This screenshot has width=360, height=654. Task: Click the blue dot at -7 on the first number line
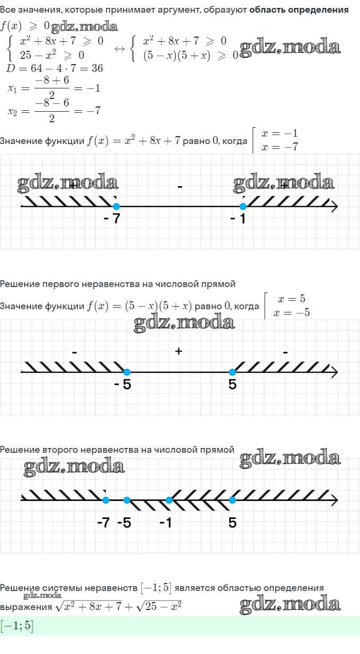coord(116,207)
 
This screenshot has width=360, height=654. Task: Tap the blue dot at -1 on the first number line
coord(242,207)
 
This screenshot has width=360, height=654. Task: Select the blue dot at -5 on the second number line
coord(127,372)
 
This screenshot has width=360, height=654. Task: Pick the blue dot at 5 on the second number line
coord(232,372)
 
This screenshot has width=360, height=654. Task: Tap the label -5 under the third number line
coord(124,523)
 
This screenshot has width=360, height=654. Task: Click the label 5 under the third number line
coord(232,523)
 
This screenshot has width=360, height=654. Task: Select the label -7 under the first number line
coord(112,218)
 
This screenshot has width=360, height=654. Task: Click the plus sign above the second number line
coord(179,351)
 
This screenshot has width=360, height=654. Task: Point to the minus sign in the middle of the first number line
coord(180,186)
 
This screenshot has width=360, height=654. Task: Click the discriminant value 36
coord(97,68)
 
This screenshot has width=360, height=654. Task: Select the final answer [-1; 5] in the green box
coord(17,625)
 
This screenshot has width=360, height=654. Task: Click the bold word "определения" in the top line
coord(318,10)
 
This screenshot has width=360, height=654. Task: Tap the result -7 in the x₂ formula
coord(94,111)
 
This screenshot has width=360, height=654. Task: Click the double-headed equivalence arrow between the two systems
coord(120,49)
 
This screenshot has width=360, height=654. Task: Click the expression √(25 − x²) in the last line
coord(159,606)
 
